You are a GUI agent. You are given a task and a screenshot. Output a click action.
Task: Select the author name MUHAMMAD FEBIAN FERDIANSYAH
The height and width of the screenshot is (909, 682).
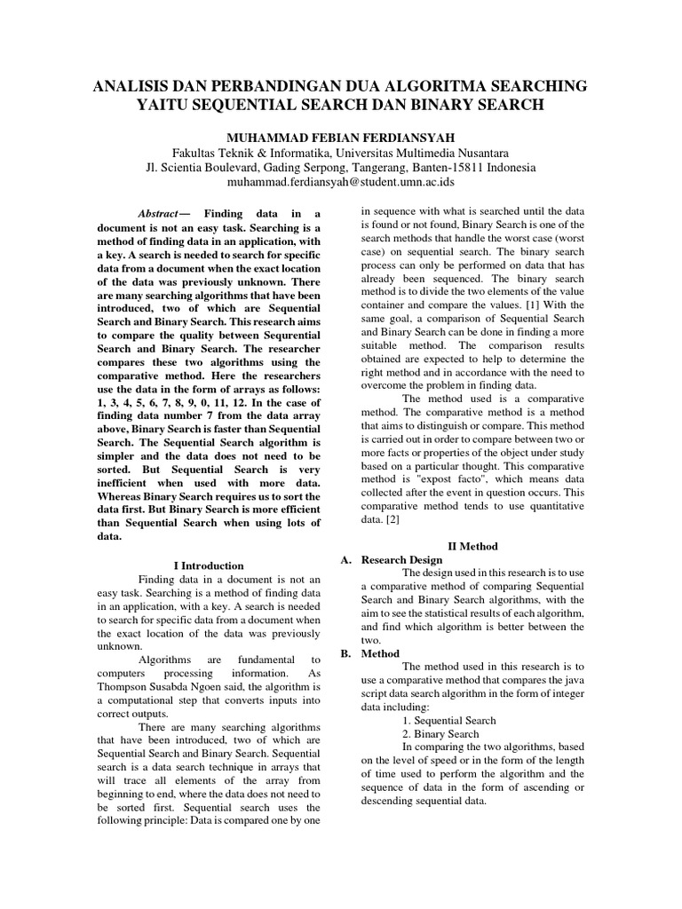tap(341, 137)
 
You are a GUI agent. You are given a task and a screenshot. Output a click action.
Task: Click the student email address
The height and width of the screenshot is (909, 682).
tap(341, 182)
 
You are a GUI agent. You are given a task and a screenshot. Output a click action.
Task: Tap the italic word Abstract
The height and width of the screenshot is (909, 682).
tap(158, 214)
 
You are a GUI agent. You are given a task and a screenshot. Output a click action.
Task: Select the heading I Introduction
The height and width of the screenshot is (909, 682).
tap(208, 565)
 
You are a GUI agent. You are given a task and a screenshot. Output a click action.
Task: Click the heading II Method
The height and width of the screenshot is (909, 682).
tap(472, 546)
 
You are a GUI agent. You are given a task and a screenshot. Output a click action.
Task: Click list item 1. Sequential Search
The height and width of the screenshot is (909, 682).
tap(448, 720)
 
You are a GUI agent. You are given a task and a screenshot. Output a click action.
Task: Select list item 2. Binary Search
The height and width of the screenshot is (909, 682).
tap(440, 734)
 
